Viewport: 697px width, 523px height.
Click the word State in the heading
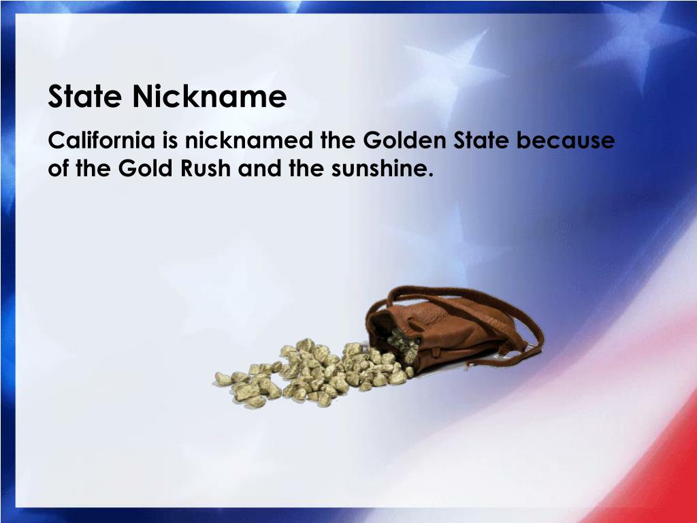[86, 97]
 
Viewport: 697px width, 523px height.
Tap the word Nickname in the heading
[210, 97]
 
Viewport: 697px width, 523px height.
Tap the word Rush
[206, 168]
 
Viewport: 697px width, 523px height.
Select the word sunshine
[382, 168]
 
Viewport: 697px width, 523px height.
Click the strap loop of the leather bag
[524, 320]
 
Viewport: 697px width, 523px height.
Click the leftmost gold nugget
[223, 379]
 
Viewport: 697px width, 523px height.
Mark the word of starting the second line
[60, 168]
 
